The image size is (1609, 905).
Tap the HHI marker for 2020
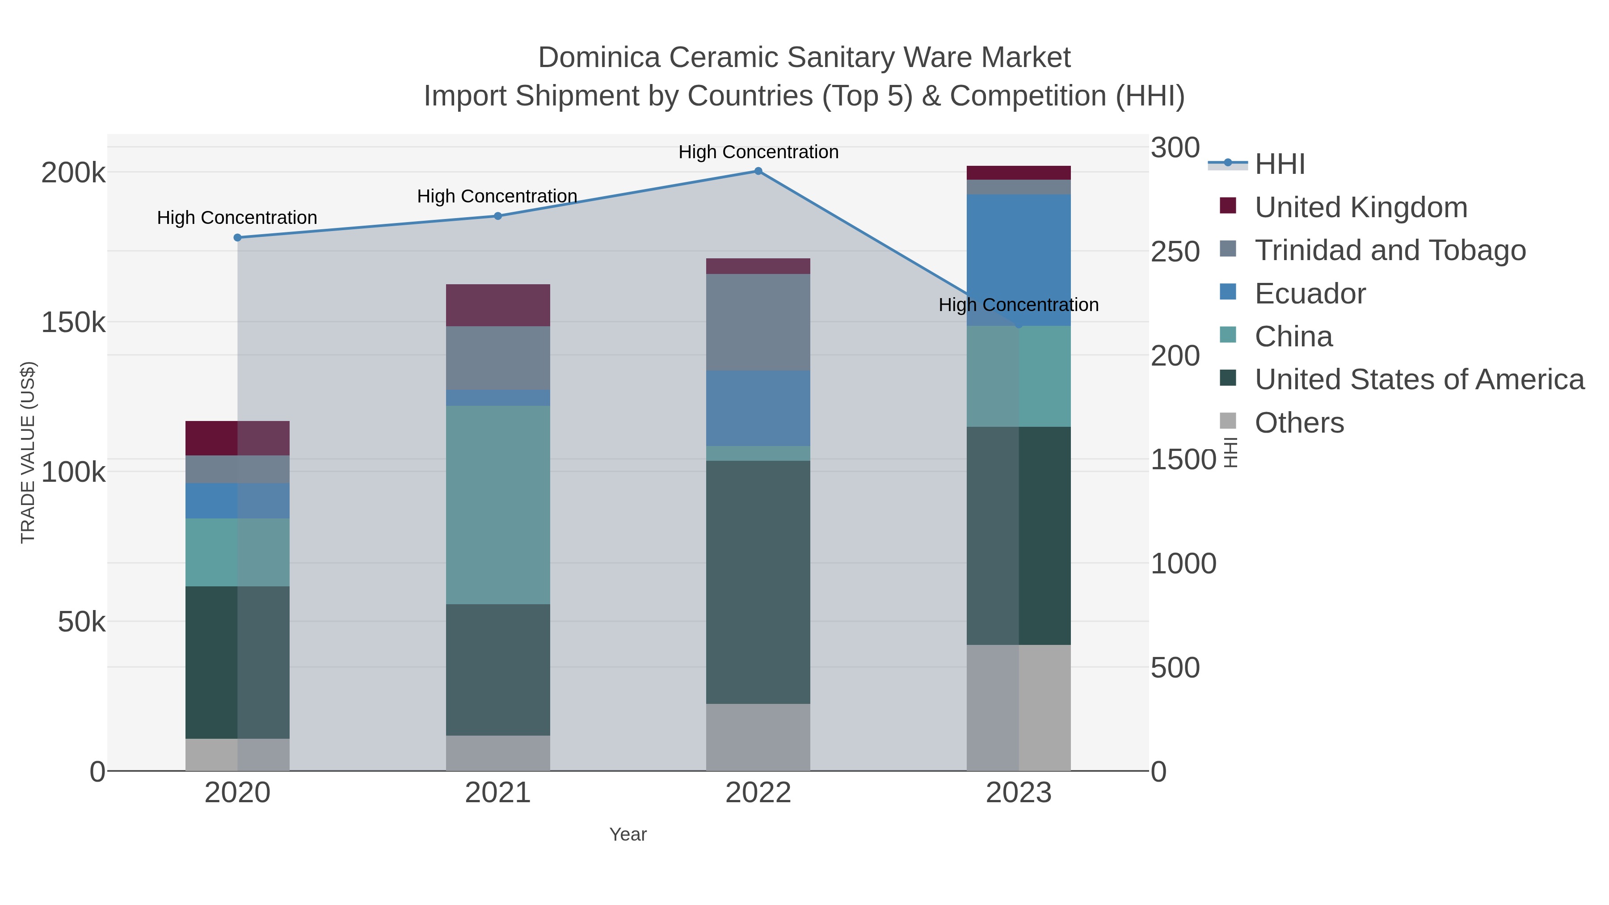pyautogui.click(x=237, y=237)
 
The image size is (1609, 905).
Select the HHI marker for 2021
pyautogui.click(x=498, y=216)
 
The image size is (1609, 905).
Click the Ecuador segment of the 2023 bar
pyautogui.click(x=1018, y=259)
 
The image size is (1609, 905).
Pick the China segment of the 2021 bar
pyautogui.click(x=498, y=505)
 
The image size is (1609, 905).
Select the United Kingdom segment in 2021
pyautogui.click(x=498, y=305)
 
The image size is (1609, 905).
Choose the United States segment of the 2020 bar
pyautogui.click(x=237, y=662)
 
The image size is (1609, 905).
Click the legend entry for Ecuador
pyautogui.click(x=1310, y=294)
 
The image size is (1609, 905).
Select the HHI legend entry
pyautogui.click(x=1279, y=164)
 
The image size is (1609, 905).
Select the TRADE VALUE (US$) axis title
pyautogui.click(x=28, y=452)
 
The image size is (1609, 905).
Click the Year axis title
pyautogui.click(x=628, y=834)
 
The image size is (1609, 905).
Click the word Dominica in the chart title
pyautogui.click(x=598, y=58)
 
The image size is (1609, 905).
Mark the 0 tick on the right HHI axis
pyautogui.click(x=1158, y=772)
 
